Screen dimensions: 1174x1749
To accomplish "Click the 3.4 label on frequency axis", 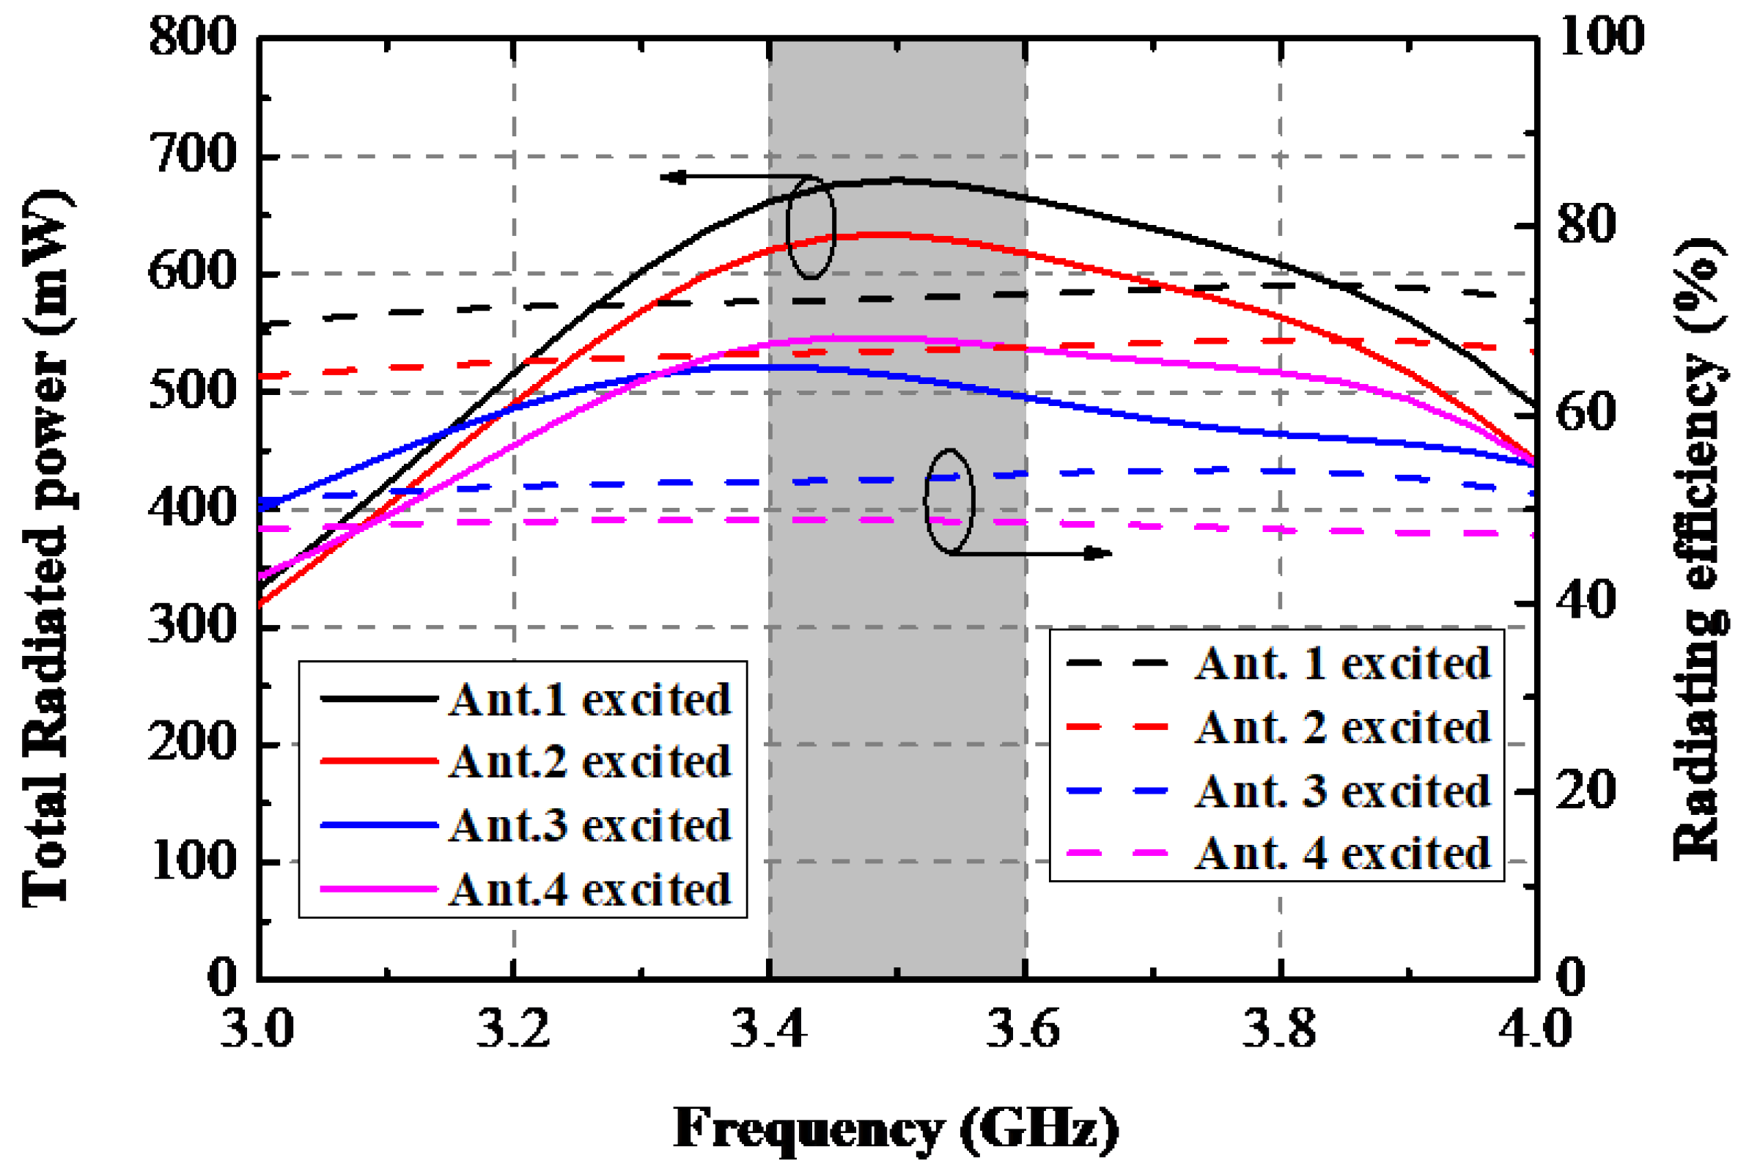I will (769, 1030).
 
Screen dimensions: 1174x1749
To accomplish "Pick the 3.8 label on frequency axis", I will (1280, 1030).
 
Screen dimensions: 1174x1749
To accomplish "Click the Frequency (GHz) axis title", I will (896, 1129).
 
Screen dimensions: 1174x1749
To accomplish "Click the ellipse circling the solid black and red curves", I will (811, 227).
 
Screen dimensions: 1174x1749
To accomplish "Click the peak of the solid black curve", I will (896, 180).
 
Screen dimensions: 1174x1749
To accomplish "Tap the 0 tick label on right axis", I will (1572, 977).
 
